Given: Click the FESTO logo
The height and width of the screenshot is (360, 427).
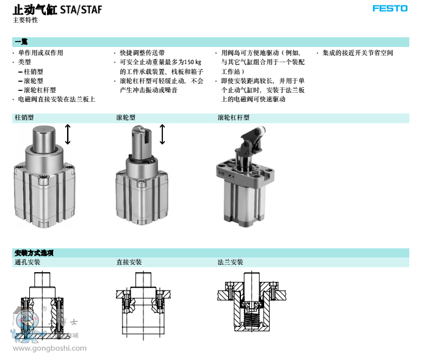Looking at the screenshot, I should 390,10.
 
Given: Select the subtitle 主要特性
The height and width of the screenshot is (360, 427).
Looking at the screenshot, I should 25,20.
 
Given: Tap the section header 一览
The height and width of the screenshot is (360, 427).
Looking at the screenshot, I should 21,41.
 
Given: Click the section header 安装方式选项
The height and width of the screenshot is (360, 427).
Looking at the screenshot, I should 34,253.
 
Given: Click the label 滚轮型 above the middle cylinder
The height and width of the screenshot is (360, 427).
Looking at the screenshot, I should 126,118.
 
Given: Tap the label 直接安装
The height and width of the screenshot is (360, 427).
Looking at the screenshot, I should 129,262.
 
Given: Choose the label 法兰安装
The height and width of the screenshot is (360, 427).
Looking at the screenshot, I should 230,262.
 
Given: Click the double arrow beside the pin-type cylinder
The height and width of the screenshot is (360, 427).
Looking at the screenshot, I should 68,134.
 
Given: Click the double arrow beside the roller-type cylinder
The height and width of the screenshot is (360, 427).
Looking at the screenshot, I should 162,134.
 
